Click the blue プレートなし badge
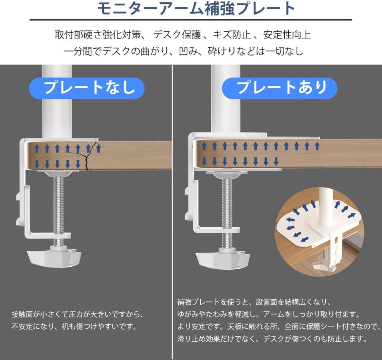point(87,88)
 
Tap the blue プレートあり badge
point(279,88)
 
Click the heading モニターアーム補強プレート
point(196,9)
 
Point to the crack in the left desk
point(88,156)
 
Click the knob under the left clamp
point(54,257)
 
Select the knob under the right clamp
point(223,258)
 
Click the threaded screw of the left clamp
point(59,210)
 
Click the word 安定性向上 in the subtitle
point(287,35)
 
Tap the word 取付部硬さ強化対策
point(98,35)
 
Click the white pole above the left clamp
point(57,102)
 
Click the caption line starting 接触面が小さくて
point(78,314)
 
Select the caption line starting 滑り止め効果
point(272,339)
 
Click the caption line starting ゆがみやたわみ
point(268,314)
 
